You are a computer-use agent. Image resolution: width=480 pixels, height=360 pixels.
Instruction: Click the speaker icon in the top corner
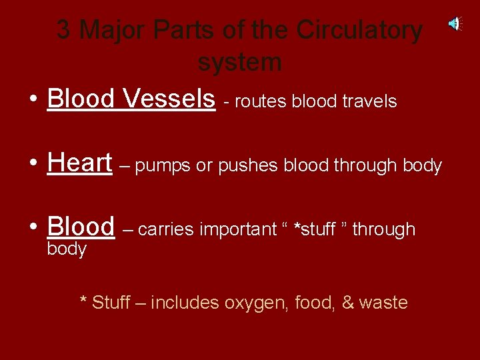pos(454,24)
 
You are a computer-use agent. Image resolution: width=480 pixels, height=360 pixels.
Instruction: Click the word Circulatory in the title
pos(359,30)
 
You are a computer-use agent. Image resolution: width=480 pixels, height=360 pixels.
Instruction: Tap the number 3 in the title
pos(63,30)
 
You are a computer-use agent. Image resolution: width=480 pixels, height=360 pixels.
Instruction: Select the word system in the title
pos(239,62)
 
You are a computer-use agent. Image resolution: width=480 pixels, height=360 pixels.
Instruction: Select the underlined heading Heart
pos(79,163)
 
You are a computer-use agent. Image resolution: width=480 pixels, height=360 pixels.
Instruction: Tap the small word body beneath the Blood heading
pos(67,249)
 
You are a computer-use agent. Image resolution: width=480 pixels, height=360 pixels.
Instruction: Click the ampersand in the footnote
pos(348,303)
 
